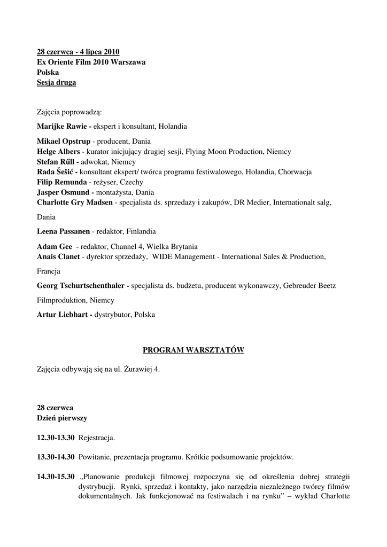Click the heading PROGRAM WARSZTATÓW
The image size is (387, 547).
(x=193, y=350)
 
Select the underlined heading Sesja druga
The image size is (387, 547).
(x=56, y=82)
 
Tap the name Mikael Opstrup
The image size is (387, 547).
(x=63, y=142)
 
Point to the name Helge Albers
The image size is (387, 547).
(x=58, y=152)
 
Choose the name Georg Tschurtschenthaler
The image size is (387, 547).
(x=81, y=286)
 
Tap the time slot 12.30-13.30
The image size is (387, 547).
(x=56, y=438)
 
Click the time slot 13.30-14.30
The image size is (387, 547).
(x=56, y=457)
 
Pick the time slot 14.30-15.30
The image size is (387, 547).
(x=56, y=476)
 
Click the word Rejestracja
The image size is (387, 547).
(x=97, y=438)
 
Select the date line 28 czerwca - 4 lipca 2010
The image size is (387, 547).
(x=78, y=52)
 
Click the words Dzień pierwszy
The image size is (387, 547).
(x=61, y=418)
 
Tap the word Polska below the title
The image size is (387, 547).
(x=48, y=72)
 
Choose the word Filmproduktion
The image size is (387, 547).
(x=60, y=300)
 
